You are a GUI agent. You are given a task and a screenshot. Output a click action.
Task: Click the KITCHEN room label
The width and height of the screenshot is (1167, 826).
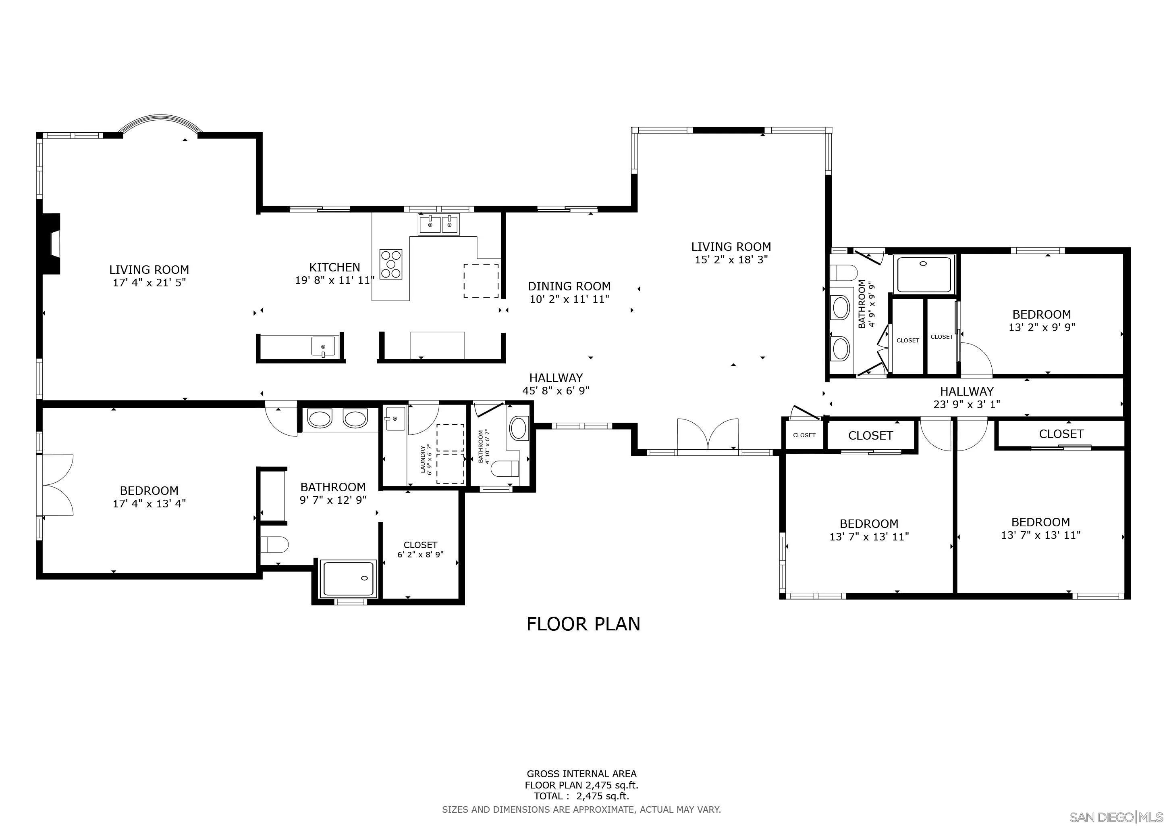click(x=334, y=267)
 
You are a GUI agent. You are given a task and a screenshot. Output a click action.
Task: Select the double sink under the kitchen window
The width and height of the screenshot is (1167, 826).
click(x=438, y=224)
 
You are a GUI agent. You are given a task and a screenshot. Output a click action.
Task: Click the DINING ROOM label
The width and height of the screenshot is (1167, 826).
click(x=569, y=286)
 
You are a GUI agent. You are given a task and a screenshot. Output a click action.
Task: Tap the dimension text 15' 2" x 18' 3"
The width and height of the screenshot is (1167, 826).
click(x=731, y=259)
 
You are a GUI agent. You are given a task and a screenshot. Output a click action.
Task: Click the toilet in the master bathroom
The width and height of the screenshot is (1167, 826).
click(x=274, y=544)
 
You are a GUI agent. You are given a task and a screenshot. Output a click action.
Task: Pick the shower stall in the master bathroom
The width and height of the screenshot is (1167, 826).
click(x=349, y=578)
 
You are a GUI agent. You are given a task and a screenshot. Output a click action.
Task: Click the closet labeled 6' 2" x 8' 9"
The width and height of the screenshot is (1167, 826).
click(x=420, y=550)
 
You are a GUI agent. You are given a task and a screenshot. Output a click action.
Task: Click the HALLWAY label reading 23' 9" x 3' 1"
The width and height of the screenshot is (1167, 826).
click(x=966, y=398)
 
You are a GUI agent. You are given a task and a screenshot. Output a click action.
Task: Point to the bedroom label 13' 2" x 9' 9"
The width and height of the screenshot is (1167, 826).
click(x=1041, y=321)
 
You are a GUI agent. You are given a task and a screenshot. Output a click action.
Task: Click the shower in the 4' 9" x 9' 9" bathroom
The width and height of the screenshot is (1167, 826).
click(x=923, y=275)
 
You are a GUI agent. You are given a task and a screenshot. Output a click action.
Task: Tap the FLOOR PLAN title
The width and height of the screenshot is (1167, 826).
click(x=583, y=624)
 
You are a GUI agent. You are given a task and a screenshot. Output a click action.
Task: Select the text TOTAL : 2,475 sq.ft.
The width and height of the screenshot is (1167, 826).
click(x=581, y=797)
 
